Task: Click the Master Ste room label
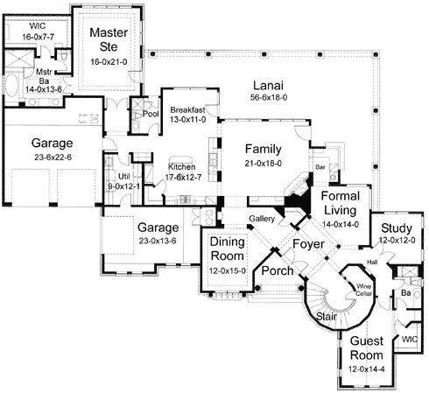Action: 109,41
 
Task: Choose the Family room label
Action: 263,149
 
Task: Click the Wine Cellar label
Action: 363,288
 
